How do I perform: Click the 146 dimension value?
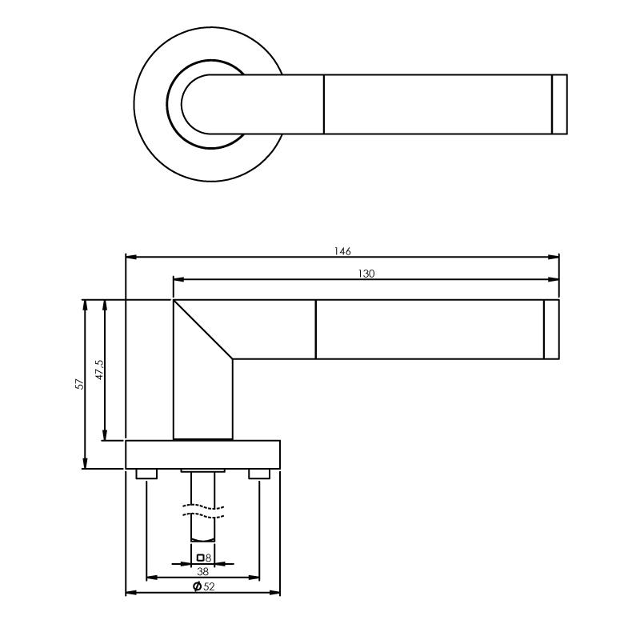(x=342, y=251)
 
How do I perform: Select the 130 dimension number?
(x=366, y=274)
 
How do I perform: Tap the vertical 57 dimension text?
(x=79, y=384)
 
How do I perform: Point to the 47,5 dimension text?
(x=100, y=370)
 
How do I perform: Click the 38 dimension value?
(x=203, y=571)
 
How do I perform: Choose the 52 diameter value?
(x=209, y=586)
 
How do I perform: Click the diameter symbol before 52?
(x=197, y=586)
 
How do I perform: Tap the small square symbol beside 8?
(x=200, y=558)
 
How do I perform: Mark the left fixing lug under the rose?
(x=146, y=474)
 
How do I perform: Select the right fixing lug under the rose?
(x=259, y=474)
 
